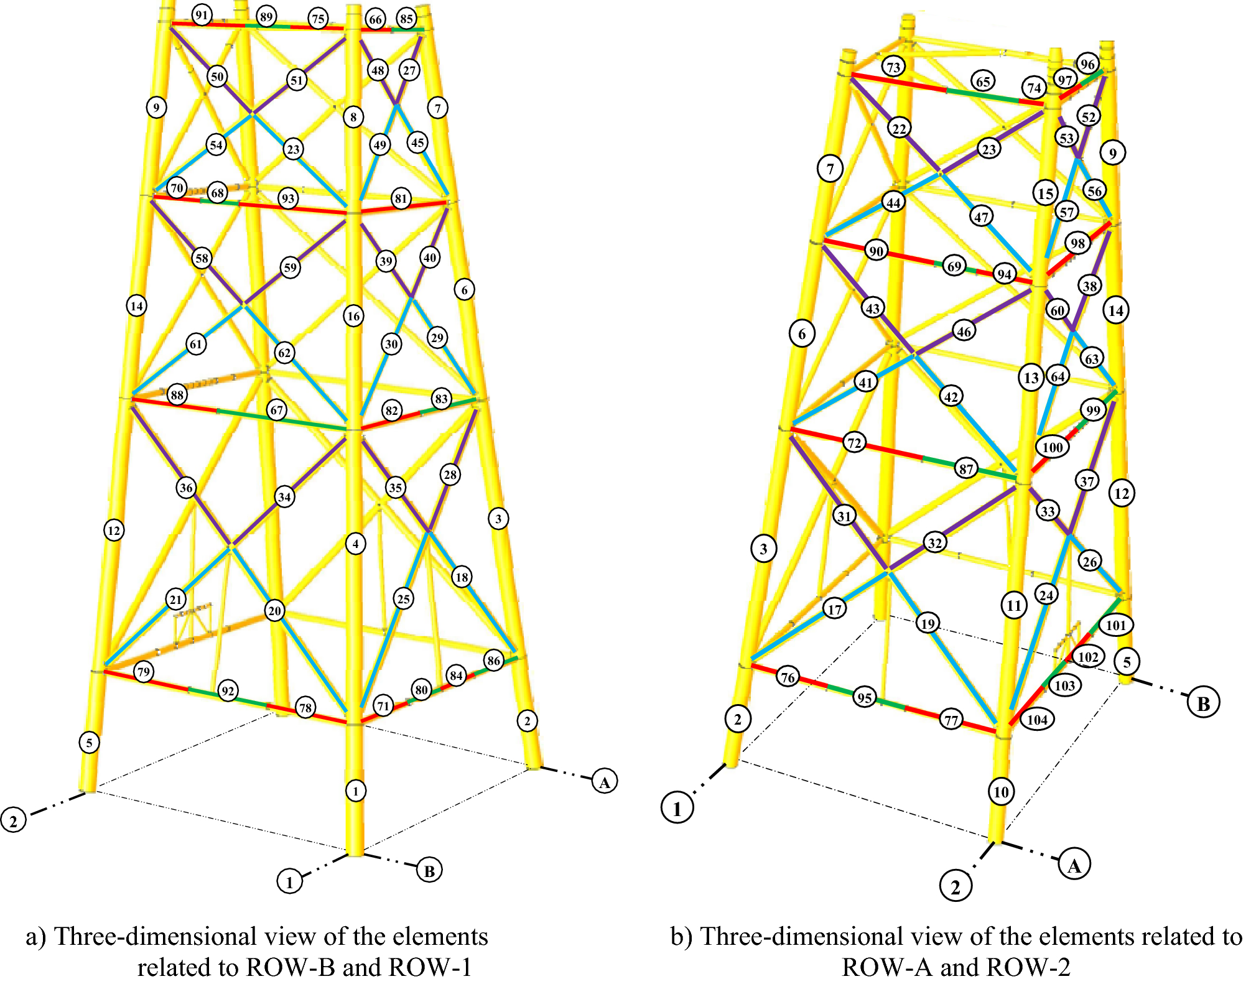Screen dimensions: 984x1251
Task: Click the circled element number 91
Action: (201, 15)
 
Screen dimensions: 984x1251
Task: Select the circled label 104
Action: (1037, 720)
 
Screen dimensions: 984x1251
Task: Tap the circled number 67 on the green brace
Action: (277, 410)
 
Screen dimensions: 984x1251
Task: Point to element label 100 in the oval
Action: (1052, 447)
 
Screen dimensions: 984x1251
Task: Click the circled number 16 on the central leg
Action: (353, 316)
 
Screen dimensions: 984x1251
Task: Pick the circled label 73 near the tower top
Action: (893, 67)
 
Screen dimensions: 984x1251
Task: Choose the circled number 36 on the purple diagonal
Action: (186, 487)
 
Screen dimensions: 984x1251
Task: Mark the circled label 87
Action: (965, 468)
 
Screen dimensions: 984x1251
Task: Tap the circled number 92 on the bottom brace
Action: (228, 690)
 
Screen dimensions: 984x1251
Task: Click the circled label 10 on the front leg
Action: (1001, 792)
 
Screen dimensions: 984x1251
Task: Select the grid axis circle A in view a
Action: (604, 781)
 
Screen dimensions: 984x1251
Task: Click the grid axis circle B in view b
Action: (1203, 703)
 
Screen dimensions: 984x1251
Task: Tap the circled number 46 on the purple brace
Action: (964, 332)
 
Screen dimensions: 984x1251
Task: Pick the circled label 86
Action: (494, 661)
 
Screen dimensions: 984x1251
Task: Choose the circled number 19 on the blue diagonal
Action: (928, 623)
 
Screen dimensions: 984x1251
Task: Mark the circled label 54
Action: (216, 145)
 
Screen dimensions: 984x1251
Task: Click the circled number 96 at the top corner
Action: (1087, 64)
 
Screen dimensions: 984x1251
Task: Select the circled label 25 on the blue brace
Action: (403, 598)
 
